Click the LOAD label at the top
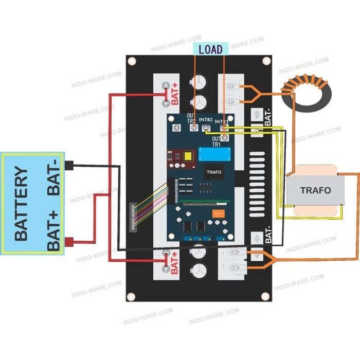click(x=210, y=49)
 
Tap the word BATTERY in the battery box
click(x=21, y=203)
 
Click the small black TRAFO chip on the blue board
click(x=213, y=172)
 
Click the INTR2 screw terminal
click(x=207, y=128)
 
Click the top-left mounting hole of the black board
click(x=132, y=61)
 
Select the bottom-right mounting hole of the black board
click(x=265, y=297)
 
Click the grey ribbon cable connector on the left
click(x=134, y=216)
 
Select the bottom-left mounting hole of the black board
click(x=132, y=297)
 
